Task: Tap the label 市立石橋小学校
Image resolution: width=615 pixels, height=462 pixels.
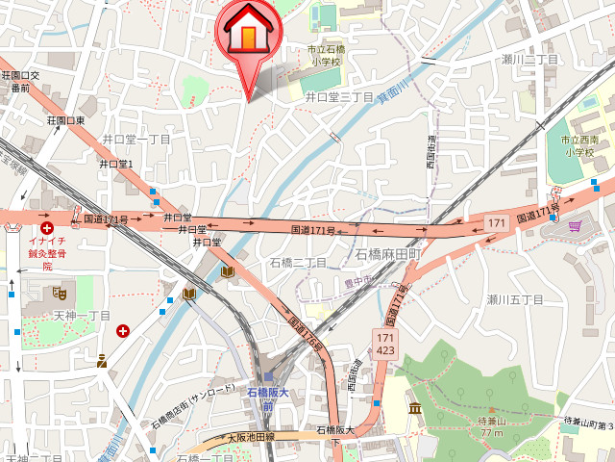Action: point(325,55)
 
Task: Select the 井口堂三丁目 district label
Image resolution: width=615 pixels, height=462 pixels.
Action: point(339,97)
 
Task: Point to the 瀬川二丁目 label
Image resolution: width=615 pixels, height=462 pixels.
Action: point(529,60)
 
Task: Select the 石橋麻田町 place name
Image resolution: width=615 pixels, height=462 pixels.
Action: point(389,255)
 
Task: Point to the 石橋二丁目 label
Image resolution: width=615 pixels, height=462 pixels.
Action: point(299,263)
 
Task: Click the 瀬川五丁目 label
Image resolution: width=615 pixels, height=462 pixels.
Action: point(515,300)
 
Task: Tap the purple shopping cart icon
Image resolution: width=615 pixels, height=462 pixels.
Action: point(575,227)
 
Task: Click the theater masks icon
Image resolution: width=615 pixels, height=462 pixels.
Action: point(60,291)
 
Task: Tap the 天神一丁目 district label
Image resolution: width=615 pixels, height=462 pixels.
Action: point(82,316)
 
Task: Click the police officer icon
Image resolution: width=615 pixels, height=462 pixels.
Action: point(102,362)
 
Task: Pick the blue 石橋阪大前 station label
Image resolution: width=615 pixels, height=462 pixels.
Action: point(267,399)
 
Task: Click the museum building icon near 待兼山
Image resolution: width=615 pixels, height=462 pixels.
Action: point(414,410)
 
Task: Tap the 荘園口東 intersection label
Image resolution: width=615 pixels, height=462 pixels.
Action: point(66,120)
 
